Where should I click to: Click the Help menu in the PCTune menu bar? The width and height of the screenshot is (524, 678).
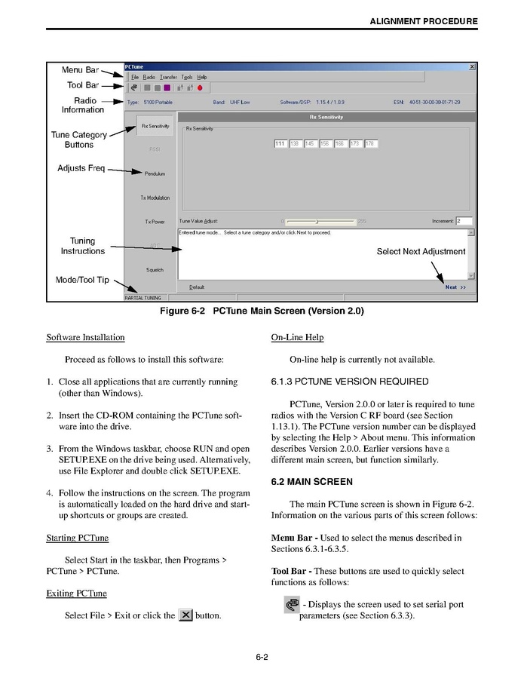coord(202,77)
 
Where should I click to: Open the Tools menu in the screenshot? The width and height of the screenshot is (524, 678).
coord(186,77)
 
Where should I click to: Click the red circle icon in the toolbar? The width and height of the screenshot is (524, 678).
coord(200,87)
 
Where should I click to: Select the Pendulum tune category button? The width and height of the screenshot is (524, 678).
coord(155,173)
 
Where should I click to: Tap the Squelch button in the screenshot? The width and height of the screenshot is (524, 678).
coord(155,270)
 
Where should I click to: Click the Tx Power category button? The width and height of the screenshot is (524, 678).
coord(155,222)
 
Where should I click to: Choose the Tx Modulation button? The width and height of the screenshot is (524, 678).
coord(155,198)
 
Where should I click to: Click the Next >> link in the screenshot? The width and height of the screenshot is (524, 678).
coord(455,287)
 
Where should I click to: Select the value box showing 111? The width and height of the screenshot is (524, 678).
coord(280,143)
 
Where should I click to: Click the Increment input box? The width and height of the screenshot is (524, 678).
coord(463,221)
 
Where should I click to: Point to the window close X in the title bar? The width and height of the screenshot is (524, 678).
coord(472,67)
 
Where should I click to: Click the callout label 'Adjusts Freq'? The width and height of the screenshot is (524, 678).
coord(81,168)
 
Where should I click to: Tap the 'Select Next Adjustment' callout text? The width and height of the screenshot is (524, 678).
coord(421,252)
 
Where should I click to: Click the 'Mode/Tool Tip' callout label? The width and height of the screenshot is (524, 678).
coord(82,280)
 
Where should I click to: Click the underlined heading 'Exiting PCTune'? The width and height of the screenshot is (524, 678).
coord(76,594)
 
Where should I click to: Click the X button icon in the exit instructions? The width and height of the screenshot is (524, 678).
coord(185,615)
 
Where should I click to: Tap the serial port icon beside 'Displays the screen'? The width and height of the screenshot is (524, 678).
coord(292,605)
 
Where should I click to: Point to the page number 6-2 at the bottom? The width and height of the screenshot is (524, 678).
coord(262,657)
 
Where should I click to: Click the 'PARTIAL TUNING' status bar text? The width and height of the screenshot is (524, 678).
coord(142,298)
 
